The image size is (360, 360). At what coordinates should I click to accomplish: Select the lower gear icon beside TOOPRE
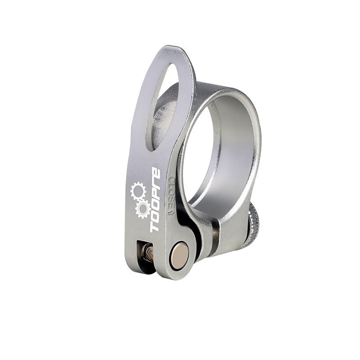pyautogui.click(x=143, y=208)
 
